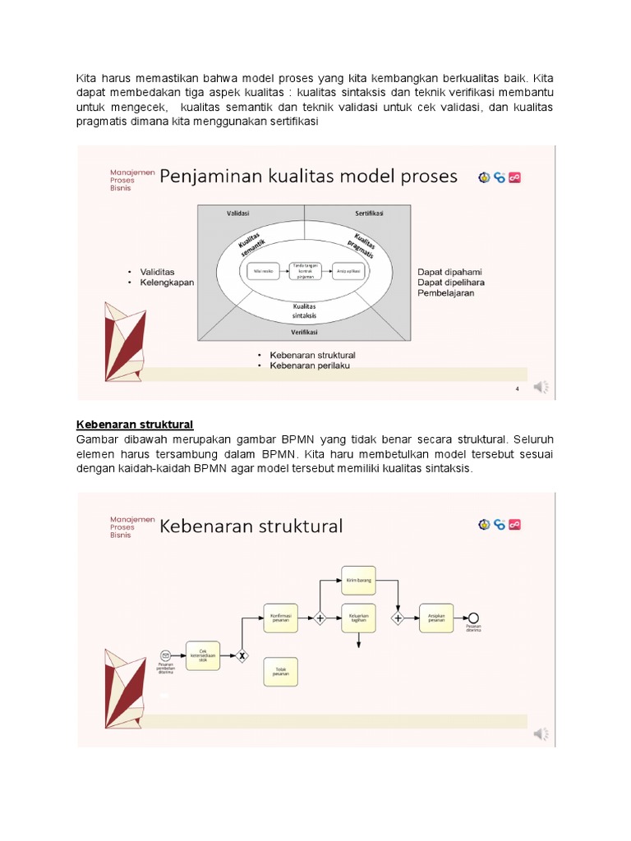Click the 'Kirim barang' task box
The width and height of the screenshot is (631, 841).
click(x=358, y=579)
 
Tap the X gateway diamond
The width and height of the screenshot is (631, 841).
click(x=242, y=655)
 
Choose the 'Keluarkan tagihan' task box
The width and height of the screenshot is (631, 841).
click(x=358, y=618)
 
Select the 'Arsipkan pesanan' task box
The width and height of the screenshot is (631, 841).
click(x=435, y=618)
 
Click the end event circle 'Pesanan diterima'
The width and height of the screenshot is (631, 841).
click(x=472, y=618)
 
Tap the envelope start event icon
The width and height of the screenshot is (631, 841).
click(x=165, y=655)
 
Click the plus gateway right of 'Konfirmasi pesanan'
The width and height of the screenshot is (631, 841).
click(x=320, y=618)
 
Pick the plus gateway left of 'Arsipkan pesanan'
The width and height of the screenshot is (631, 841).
click(x=398, y=618)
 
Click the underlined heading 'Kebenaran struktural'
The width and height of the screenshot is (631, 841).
click(x=135, y=424)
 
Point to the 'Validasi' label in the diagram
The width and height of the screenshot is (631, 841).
click(x=238, y=214)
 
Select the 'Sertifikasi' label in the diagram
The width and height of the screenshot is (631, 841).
click(x=370, y=214)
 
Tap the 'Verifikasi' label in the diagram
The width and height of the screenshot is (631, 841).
click(x=304, y=333)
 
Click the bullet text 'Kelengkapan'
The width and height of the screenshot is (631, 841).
click(x=167, y=283)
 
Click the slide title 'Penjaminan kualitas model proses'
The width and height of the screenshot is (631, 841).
click(x=308, y=176)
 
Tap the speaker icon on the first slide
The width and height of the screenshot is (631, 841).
click(x=541, y=386)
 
